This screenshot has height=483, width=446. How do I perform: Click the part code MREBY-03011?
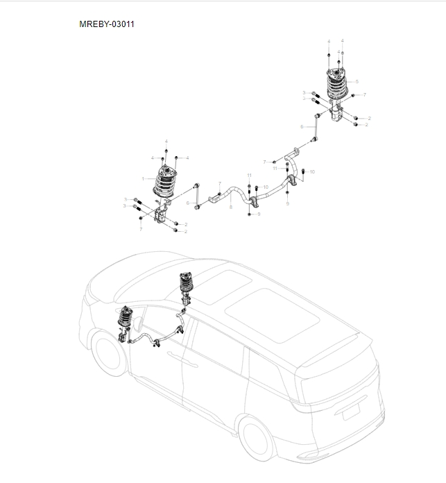tap(107, 24)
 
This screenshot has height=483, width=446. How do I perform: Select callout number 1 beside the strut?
tap(143, 178)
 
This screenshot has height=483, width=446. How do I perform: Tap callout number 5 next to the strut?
tap(357, 82)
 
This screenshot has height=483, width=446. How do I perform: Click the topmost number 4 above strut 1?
tap(166, 142)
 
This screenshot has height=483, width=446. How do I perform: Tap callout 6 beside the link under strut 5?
tap(302, 127)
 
